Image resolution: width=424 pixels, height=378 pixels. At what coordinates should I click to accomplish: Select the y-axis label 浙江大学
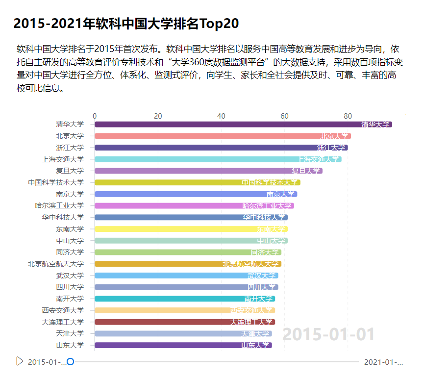[70, 148]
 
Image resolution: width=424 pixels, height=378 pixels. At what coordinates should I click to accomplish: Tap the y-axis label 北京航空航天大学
[56, 264]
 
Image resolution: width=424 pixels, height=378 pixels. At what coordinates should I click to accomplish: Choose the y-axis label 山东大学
[70, 345]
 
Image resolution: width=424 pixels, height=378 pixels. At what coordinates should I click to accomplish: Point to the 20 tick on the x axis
[158, 116]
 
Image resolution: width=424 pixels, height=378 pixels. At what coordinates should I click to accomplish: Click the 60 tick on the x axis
[284, 116]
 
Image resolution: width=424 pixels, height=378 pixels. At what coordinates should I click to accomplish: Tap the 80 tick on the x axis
[348, 116]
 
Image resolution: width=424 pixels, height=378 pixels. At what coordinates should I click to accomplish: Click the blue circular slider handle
[70, 362]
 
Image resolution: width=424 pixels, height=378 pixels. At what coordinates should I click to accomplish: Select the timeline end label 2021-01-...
[383, 362]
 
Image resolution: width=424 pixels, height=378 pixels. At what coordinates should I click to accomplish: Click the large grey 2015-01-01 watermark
[328, 334]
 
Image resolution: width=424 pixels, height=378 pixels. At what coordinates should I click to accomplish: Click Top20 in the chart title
[220, 24]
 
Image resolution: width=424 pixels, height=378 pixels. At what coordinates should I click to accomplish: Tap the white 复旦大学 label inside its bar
[306, 171]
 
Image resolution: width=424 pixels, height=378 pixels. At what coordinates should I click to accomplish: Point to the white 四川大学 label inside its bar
[261, 287]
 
